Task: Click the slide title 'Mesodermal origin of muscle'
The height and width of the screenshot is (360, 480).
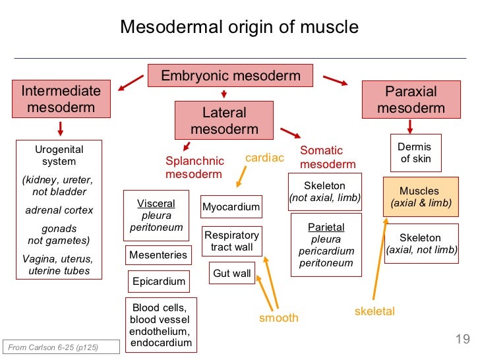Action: pyautogui.click(x=239, y=27)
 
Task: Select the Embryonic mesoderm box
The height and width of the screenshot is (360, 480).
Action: pyautogui.click(x=230, y=76)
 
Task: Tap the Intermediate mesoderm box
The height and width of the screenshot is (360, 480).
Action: pyautogui.click(x=61, y=99)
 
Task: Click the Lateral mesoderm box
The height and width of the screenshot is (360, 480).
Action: pyautogui.click(x=224, y=121)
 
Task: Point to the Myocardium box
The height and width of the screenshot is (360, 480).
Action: pyautogui.click(x=231, y=207)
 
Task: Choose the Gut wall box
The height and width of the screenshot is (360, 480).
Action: pyautogui.click(x=232, y=273)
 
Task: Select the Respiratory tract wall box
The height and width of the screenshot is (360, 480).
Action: pyautogui.click(x=232, y=241)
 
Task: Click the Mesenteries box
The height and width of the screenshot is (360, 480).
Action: pyautogui.click(x=158, y=255)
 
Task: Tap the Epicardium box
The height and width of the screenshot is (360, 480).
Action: pyautogui.click(x=159, y=282)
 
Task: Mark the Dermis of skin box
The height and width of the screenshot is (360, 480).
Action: pyautogui.click(x=415, y=153)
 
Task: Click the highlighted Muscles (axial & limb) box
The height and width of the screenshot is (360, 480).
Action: pyautogui.click(x=419, y=197)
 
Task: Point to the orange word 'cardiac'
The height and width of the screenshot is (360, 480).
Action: pyautogui.click(x=264, y=158)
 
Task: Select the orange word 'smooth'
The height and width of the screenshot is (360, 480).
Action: pyautogui.click(x=278, y=318)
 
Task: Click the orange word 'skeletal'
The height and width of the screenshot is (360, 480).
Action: pyautogui.click(x=375, y=311)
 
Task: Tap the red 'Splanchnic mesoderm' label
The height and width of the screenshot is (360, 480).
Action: pyautogui.click(x=195, y=167)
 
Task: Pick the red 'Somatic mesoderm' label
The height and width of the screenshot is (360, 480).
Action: pyautogui.click(x=328, y=158)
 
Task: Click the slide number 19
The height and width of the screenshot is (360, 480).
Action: pyautogui.click(x=462, y=340)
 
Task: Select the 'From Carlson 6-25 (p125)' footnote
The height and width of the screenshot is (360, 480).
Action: pyautogui.click(x=53, y=347)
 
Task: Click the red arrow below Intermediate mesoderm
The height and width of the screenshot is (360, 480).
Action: pyautogui.click(x=61, y=128)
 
